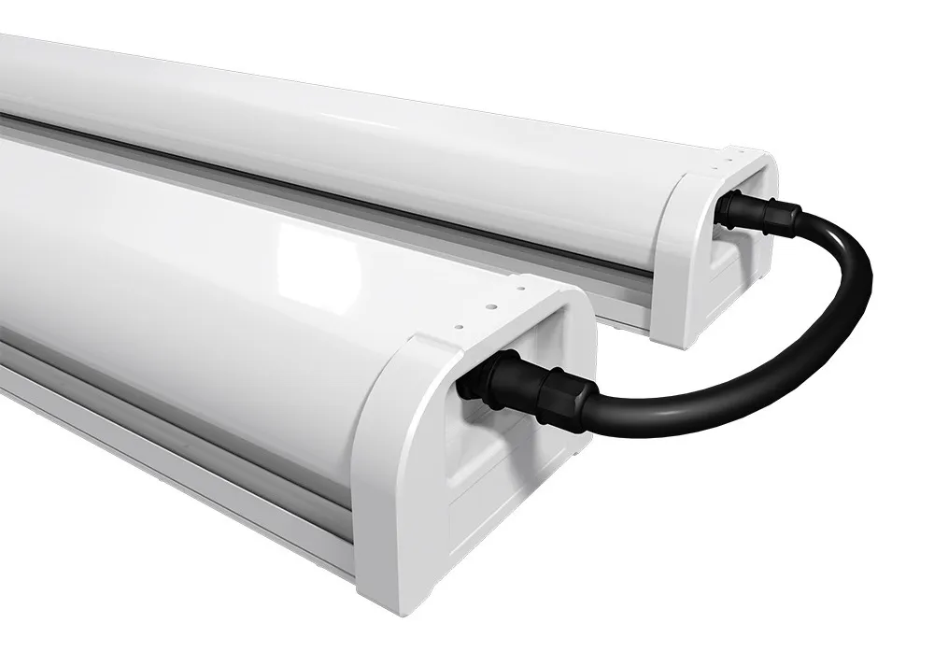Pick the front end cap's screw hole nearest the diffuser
pos(458,326)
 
